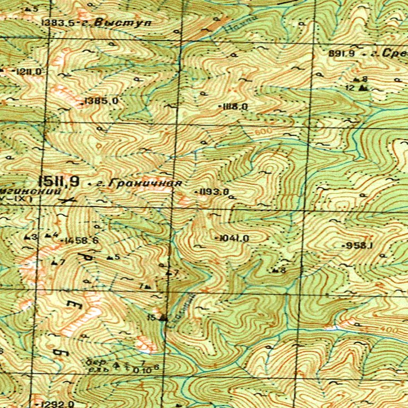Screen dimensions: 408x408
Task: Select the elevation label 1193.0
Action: pos(215,191)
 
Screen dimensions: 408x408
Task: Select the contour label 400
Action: pos(391,330)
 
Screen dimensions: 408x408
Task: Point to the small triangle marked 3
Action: pos(28,237)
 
